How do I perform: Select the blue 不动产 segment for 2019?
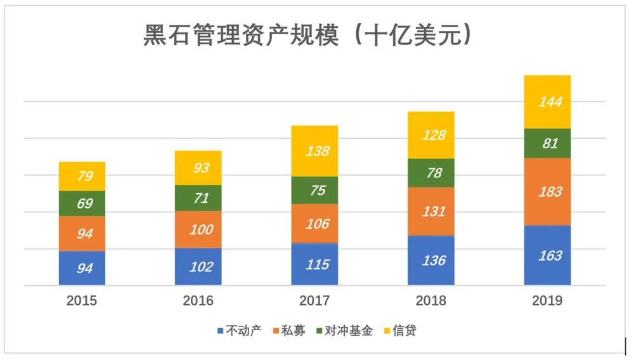(547, 255)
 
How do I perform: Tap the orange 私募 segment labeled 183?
(547, 191)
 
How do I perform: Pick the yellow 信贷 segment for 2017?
(314, 151)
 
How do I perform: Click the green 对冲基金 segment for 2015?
(82, 203)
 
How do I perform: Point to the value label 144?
(547, 101)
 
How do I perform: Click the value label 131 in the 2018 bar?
(431, 212)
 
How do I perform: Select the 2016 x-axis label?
(198, 301)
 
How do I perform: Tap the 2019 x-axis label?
(547, 301)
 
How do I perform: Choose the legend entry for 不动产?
(239, 330)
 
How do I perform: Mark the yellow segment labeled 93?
(198, 168)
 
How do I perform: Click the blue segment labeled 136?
(431, 260)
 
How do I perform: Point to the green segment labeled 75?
(314, 190)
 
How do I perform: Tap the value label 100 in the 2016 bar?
(198, 229)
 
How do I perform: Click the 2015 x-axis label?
(82, 301)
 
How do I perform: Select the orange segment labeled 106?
(314, 224)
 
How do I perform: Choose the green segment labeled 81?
(547, 143)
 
